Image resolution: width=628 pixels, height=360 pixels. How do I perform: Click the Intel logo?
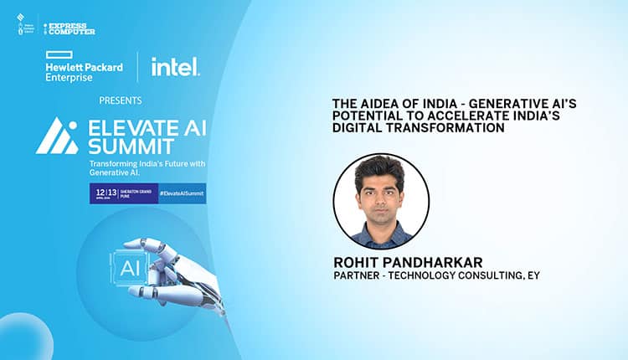pos(175,66)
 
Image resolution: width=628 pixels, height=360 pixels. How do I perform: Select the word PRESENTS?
pos(120,100)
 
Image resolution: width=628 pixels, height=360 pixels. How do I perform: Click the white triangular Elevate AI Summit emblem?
pos(56,136)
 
